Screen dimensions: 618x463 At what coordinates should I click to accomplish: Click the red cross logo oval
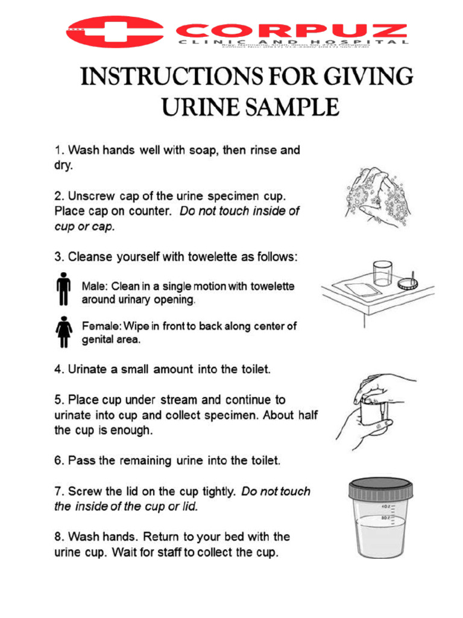(115, 31)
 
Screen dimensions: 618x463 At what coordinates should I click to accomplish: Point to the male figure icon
(62, 291)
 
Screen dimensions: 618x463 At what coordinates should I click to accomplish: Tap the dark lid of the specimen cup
(382, 487)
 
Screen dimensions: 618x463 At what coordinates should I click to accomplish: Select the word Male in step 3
(94, 286)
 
